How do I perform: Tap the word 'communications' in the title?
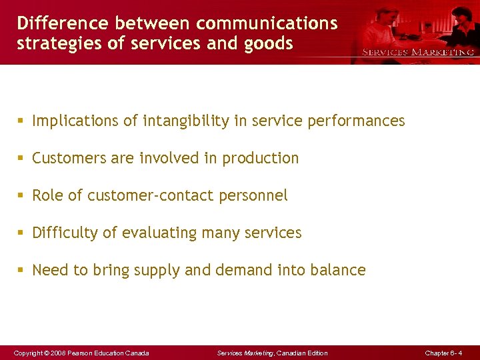pos(267,23)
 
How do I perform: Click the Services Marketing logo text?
pos(418,52)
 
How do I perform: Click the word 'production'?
pos(261,158)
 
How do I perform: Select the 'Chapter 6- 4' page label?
pos(443,353)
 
